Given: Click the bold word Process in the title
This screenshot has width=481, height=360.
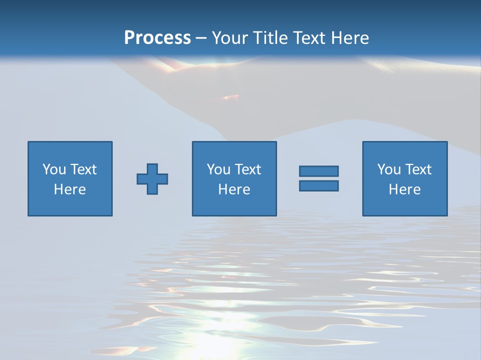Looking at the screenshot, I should tap(157, 37).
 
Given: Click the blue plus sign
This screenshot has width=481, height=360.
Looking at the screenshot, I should tap(152, 179).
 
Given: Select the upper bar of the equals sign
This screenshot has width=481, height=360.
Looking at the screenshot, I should tap(319, 171).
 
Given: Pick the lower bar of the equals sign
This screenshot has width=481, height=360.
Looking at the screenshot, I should tap(319, 185).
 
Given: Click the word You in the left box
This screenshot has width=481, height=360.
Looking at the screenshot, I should tap(54, 169).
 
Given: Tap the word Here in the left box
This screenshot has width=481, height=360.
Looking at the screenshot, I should tap(70, 189).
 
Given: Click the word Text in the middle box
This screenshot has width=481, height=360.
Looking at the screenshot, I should tap(247, 169).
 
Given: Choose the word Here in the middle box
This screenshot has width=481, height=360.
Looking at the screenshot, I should tap(234, 189).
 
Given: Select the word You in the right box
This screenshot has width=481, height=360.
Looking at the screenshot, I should tap(388, 169).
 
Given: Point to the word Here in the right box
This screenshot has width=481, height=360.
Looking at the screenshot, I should tap(404, 189).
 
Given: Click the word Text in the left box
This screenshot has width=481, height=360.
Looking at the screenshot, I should tap(83, 169).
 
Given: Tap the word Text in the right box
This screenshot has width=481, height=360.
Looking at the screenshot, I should tap(417, 169).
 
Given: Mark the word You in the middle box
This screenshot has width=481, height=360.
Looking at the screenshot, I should tap(218, 169).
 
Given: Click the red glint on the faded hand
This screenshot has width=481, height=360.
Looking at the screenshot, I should tap(230, 96).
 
